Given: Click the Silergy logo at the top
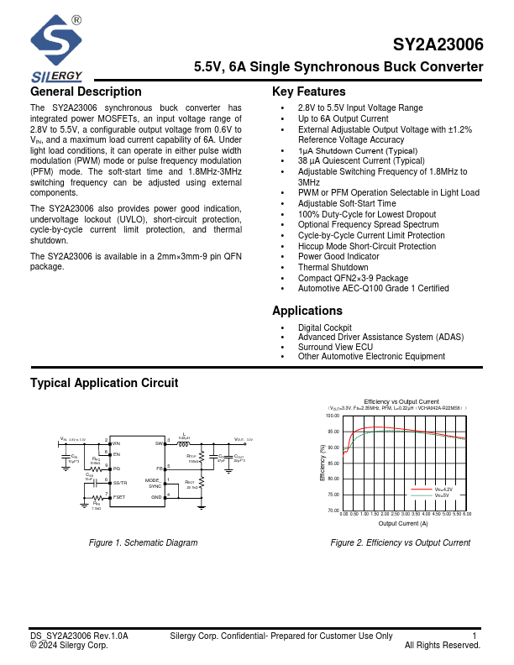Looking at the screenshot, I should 56,46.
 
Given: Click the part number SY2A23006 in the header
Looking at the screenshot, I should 438,46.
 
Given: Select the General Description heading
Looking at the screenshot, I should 86,92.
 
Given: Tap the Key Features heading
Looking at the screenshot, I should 309,92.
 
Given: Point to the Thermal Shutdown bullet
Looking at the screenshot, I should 333,267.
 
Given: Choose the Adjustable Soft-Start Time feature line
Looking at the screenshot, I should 347,203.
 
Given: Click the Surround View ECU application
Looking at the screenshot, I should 335,347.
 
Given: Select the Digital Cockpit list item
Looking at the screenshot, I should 324,327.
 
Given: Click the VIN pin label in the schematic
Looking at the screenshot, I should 117,442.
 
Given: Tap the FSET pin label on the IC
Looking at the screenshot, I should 119,497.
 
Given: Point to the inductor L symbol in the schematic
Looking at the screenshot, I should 183,444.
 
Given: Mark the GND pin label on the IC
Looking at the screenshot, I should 156,497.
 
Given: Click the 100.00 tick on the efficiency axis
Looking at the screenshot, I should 332,416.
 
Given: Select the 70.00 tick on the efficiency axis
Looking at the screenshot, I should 332,511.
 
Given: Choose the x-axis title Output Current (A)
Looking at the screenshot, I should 402,523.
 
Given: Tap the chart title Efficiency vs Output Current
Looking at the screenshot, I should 401,401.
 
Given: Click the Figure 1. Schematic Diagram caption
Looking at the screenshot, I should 144,542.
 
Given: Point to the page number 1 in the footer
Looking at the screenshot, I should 475,636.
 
